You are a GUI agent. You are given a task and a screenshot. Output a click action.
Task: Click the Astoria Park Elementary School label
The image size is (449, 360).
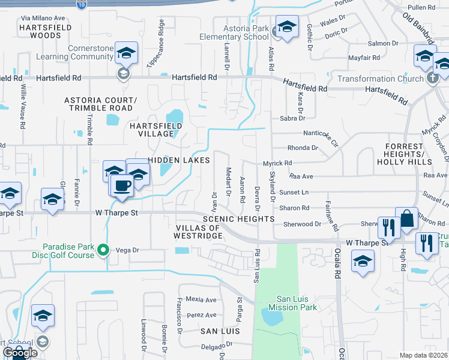235,32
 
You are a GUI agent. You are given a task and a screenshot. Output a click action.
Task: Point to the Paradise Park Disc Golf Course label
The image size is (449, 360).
68,250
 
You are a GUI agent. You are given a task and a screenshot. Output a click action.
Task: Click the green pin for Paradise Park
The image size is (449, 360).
103,250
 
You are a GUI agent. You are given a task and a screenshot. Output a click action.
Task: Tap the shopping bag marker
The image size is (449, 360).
407,219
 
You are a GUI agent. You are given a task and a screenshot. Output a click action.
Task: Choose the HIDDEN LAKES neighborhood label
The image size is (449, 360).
179,160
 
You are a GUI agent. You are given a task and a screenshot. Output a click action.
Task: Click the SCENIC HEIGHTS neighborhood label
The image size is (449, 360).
238,220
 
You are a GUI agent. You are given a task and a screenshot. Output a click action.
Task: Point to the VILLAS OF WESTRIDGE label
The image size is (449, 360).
199,232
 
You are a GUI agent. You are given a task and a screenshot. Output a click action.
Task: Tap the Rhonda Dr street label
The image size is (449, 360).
303,148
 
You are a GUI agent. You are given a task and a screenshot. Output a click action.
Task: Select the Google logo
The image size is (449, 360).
19,353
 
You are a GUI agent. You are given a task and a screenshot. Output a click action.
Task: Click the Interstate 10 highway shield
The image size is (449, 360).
81,4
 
